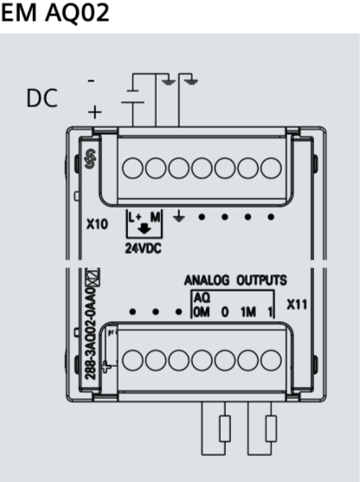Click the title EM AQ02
click(55, 13)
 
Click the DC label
click(42, 98)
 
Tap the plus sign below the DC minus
click(94, 112)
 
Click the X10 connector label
click(97, 224)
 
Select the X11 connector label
click(297, 305)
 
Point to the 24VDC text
click(144, 248)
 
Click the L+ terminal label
click(135, 217)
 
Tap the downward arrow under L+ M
click(144, 228)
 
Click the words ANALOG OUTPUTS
click(235, 280)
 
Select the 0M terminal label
click(202, 312)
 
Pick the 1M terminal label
click(248, 312)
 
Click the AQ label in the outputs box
click(202, 298)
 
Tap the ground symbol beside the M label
click(178, 217)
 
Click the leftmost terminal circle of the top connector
click(132, 168)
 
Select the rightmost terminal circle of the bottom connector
click(271, 360)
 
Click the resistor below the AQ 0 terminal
click(225, 428)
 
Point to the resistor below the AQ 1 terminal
click(271, 428)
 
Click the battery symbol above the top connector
click(132, 97)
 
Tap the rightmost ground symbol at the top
click(191, 81)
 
